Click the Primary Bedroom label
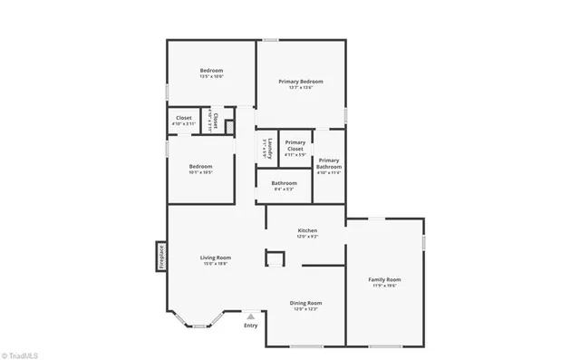point(300,82)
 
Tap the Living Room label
point(215,258)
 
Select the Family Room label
point(384,279)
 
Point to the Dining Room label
point(305,303)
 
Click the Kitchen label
point(307,231)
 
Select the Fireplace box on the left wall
point(160,256)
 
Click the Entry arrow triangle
point(251,316)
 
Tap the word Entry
point(251,326)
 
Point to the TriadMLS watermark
point(19,353)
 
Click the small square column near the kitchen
point(274,258)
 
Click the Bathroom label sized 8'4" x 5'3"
point(284,183)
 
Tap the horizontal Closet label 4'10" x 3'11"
point(183,118)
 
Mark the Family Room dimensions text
point(384,286)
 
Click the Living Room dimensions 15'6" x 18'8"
point(215,264)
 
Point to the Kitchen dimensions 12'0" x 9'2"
point(307,238)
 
